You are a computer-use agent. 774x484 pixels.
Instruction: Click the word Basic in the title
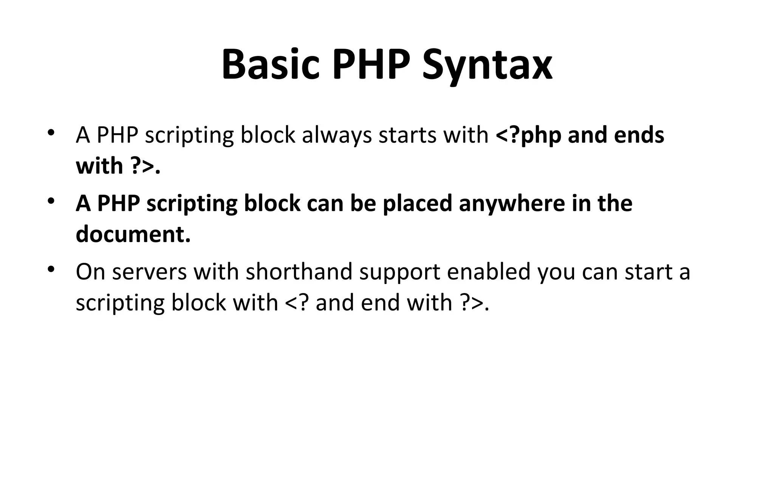(x=270, y=64)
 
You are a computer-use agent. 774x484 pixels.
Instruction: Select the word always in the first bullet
(x=337, y=135)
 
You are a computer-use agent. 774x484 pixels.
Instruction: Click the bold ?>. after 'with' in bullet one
(x=145, y=166)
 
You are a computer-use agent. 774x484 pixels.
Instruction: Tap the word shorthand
(x=299, y=272)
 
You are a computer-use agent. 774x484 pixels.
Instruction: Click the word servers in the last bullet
(x=149, y=272)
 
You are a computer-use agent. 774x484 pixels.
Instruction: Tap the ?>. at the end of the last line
(x=475, y=303)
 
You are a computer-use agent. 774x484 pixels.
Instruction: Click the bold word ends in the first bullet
(x=639, y=135)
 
